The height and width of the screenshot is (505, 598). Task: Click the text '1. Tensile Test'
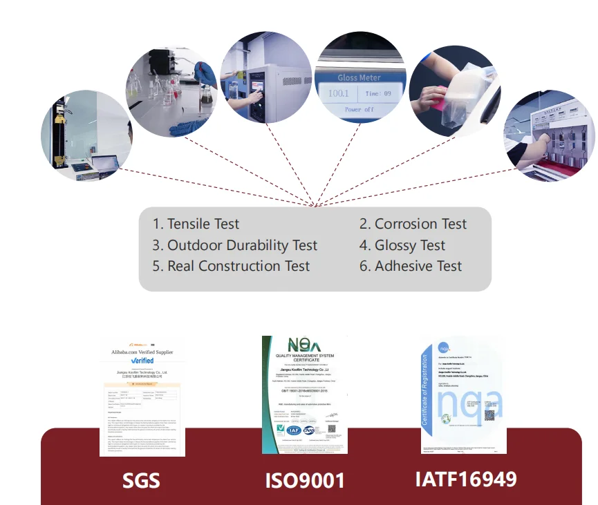click(x=196, y=224)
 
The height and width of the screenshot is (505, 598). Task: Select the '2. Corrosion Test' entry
click(x=413, y=224)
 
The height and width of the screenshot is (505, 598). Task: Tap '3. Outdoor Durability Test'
click(x=234, y=245)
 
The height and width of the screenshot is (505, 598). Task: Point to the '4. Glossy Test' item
click(x=402, y=245)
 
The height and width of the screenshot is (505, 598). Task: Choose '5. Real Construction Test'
click(x=231, y=266)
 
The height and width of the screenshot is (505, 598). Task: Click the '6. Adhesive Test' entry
click(x=411, y=266)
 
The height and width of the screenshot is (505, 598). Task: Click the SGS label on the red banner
click(x=141, y=479)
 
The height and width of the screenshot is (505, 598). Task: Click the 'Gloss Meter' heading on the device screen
click(x=359, y=77)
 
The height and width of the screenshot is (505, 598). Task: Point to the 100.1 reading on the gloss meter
click(x=339, y=93)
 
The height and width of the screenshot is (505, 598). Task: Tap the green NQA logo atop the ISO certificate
click(x=304, y=345)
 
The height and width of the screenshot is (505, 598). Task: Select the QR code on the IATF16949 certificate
click(x=489, y=415)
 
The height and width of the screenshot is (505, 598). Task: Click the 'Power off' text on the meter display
click(x=359, y=110)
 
